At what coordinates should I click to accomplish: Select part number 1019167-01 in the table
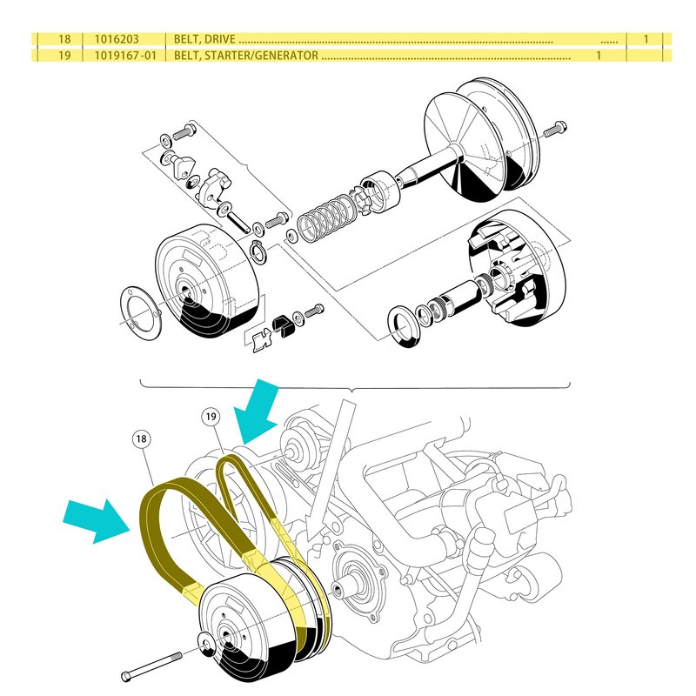tap(130, 56)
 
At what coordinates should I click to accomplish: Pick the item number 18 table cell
tap(63, 40)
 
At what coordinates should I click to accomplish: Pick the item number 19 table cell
tap(63, 56)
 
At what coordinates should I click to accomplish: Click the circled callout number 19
tap(210, 417)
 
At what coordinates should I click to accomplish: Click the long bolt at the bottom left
tap(153, 664)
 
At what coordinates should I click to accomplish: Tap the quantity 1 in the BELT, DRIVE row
tap(646, 40)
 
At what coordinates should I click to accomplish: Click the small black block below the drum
tap(283, 325)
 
